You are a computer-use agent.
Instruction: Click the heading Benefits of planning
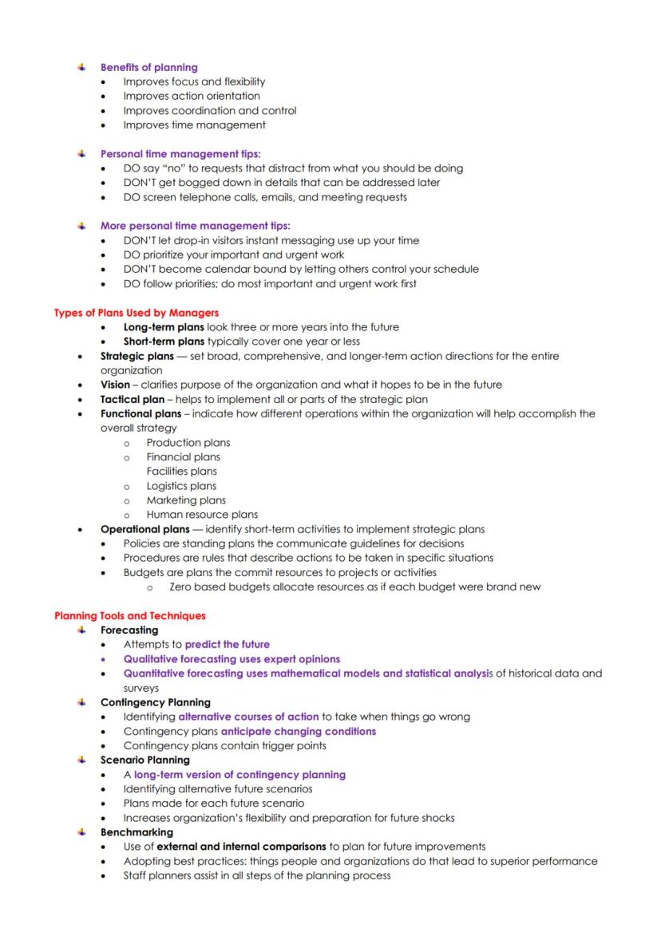(x=148, y=67)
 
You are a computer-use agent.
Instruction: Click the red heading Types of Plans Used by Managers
(x=137, y=313)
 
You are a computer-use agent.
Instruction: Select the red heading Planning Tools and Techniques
(x=130, y=616)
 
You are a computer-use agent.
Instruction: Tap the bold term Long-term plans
(x=164, y=327)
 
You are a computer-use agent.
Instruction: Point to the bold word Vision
(x=115, y=385)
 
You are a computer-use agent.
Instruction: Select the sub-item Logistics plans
(x=181, y=486)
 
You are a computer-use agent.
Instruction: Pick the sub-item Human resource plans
(x=202, y=515)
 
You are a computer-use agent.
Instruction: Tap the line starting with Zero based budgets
(x=354, y=586)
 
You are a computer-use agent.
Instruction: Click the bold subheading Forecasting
(x=129, y=630)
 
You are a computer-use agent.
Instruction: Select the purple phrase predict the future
(x=227, y=645)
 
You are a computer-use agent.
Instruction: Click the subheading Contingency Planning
(x=155, y=702)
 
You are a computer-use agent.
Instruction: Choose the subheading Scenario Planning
(x=144, y=760)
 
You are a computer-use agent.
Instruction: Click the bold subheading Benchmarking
(x=137, y=832)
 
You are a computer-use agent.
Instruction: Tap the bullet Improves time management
(x=194, y=124)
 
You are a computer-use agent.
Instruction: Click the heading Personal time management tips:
(x=180, y=153)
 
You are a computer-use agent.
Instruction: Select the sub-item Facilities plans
(x=181, y=472)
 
